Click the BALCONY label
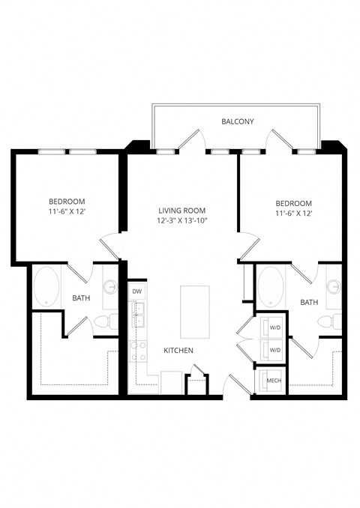(237, 121)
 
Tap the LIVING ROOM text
(181, 211)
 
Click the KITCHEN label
(179, 350)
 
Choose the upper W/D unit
(274, 327)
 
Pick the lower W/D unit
(274, 350)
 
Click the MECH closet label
(274, 381)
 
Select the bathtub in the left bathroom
(48, 285)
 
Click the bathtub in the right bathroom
(270, 286)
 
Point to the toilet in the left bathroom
(106, 322)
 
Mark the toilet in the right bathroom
(328, 322)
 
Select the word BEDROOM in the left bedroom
(67, 202)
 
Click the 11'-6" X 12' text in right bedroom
(293, 214)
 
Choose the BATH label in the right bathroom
(308, 302)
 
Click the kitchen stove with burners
(137, 351)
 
